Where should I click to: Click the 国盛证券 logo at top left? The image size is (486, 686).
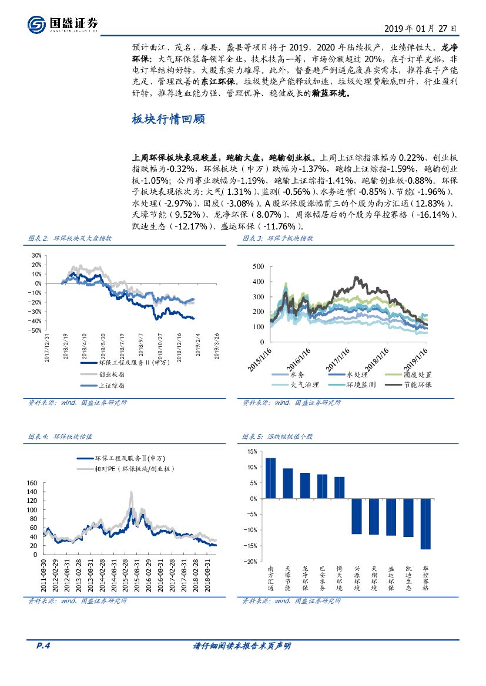63,24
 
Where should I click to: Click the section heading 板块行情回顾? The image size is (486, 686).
168,120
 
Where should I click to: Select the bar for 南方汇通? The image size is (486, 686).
270,478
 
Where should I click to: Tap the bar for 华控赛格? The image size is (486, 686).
425,523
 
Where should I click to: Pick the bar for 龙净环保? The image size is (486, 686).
305,485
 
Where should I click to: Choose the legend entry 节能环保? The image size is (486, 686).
417,385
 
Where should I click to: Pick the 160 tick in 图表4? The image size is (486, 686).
32,483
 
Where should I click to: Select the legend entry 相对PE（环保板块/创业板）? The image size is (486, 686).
134,469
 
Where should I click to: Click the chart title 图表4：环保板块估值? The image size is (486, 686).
61,437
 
